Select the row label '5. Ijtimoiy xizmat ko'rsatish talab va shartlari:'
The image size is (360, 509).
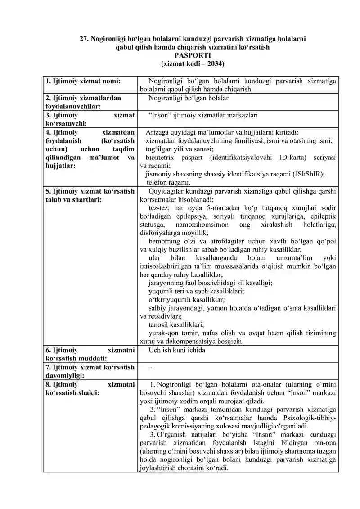tap(90, 195)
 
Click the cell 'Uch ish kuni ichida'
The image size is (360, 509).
tap(177, 350)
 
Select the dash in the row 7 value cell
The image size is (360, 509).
tap(150, 367)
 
